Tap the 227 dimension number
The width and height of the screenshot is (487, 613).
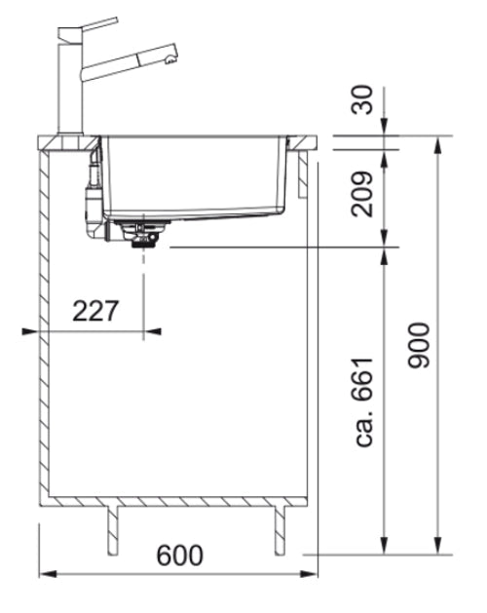pyautogui.click(x=95, y=311)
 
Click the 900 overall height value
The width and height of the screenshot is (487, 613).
pyautogui.click(x=420, y=344)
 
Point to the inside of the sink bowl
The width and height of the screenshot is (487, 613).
pyautogui.click(x=195, y=175)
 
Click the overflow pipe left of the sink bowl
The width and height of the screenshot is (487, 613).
pyautogui.click(x=90, y=190)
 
